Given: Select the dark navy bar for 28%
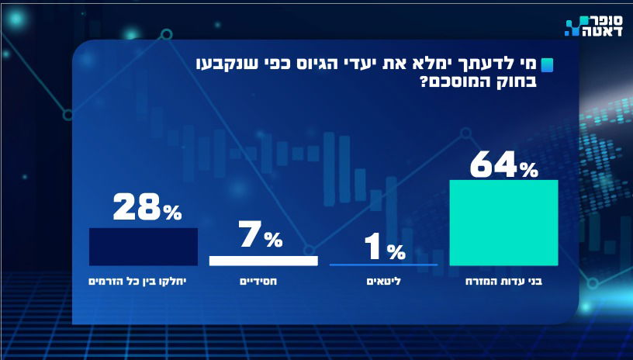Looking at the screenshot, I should pyautogui.click(x=144, y=247).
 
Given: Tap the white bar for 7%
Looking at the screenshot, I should pyautogui.click(x=263, y=261).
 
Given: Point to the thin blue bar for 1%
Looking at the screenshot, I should pyautogui.click(x=384, y=265).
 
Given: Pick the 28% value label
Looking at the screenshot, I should pyautogui.click(x=147, y=208).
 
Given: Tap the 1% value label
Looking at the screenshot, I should pyautogui.click(x=385, y=249).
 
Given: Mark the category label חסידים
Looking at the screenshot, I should pyautogui.click(x=263, y=282).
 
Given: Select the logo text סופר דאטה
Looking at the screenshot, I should pyautogui.click(x=597, y=27).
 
